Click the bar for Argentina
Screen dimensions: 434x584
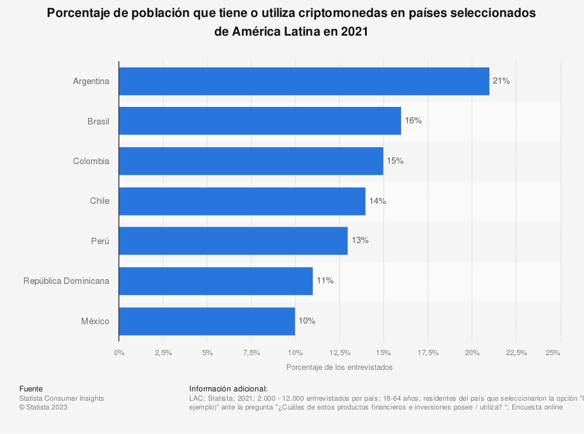(x=304, y=81)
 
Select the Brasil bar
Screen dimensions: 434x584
(x=260, y=121)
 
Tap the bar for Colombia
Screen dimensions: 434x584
(x=251, y=161)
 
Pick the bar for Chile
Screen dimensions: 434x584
(x=242, y=201)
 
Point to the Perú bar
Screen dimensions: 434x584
(x=233, y=241)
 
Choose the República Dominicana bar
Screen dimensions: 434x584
(x=215, y=280)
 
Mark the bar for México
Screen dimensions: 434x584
(x=207, y=321)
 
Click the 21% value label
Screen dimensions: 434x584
(x=501, y=81)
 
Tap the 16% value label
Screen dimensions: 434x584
(x=413, y=121)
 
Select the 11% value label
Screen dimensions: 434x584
(x=325, y=280)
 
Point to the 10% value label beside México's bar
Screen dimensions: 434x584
(x=307, y=321)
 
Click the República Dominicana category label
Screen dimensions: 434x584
(x=66, y=280)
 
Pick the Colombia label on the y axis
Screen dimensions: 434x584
(x=91, y=161)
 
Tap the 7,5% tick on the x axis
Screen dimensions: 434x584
(x=251, y=352)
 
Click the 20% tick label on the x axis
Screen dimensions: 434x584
(x=472, y=352)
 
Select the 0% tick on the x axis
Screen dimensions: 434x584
(x=119, y=352)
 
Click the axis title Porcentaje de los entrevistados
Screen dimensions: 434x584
(x=339, y=367)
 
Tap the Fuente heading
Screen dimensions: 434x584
(x=31, y=388)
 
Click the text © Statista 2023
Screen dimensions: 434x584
(x=43, y=407)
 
